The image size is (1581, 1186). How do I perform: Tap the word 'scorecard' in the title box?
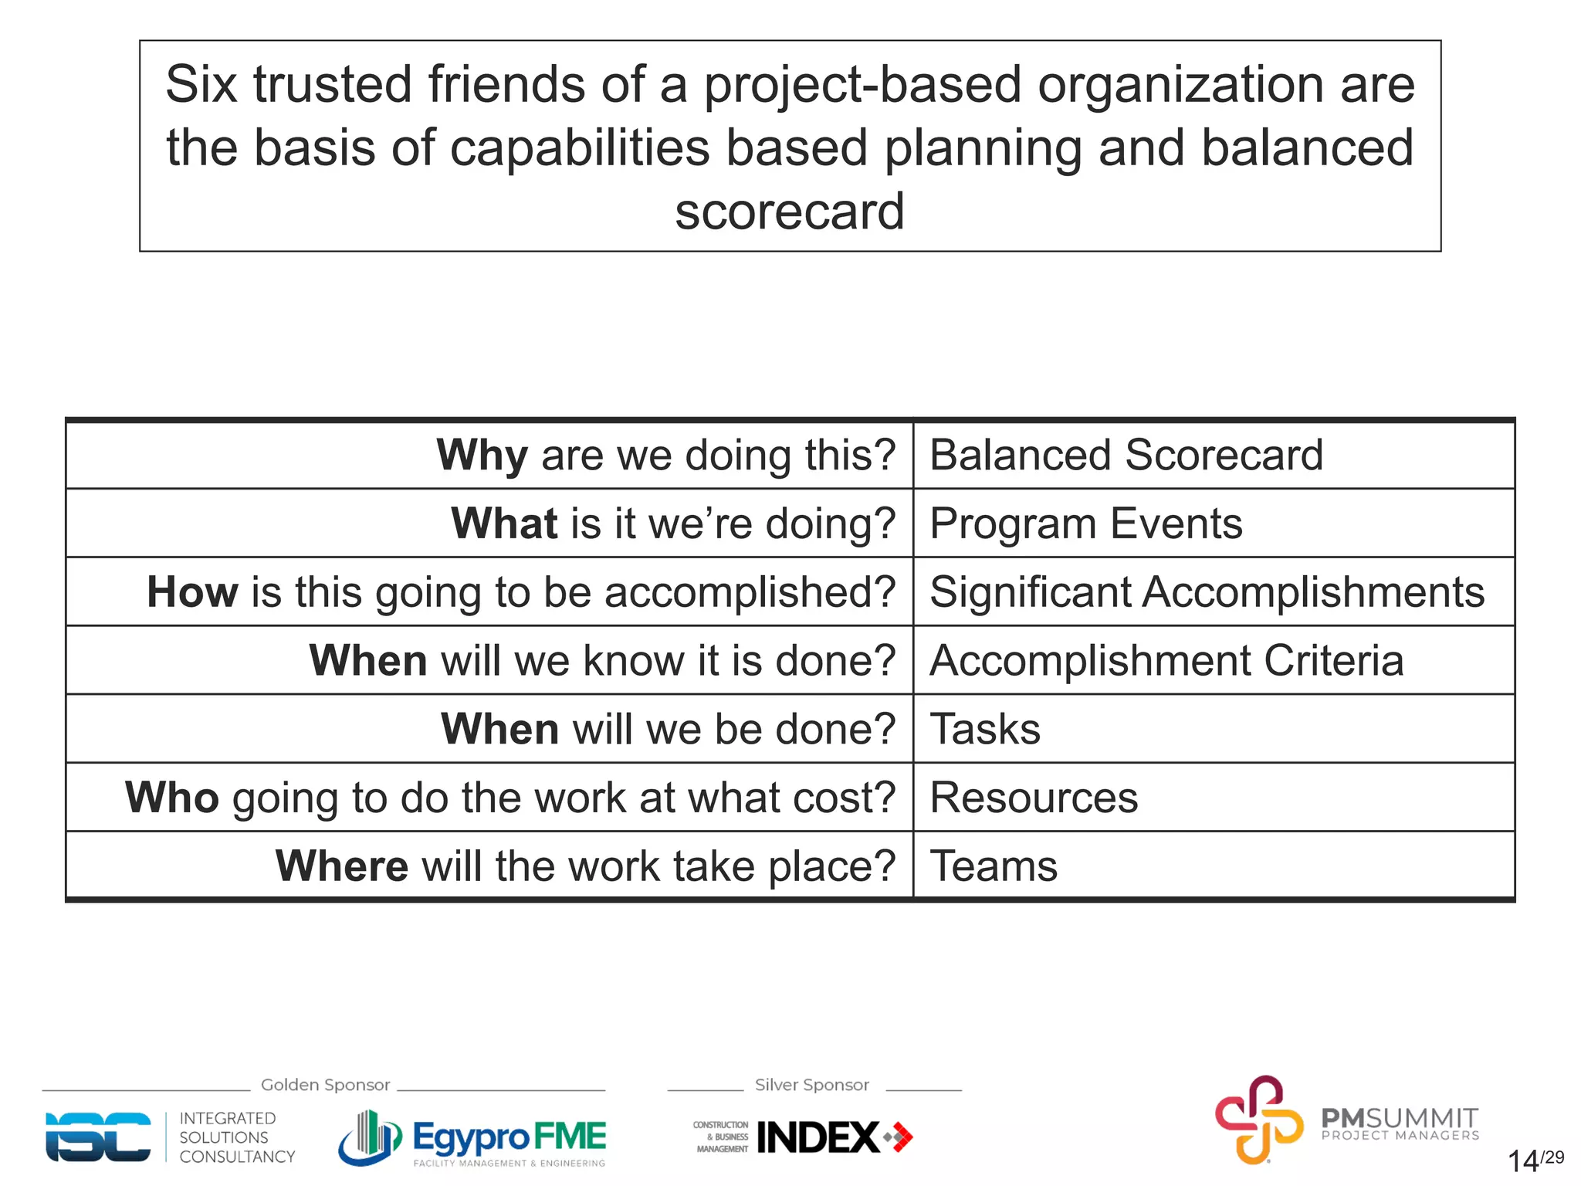789,211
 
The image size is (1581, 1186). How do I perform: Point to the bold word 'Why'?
482,455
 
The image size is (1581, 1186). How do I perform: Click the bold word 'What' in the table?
504,524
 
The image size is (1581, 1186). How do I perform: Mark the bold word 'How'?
192,592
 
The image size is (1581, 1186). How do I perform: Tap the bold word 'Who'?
172,798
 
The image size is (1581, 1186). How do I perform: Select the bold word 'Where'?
341,866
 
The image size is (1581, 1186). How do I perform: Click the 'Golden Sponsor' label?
325,1085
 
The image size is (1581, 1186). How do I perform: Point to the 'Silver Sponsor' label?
811,1085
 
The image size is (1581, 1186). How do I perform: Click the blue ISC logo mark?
98,1137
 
